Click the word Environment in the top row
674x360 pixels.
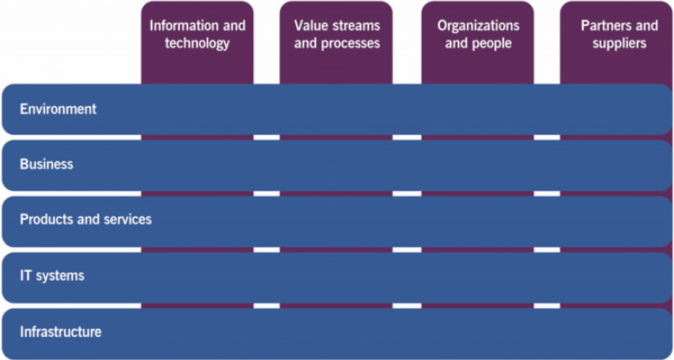tap(58, 109)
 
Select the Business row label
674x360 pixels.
tap(46, 164)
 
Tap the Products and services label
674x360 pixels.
tap(85, 219)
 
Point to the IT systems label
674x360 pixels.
tap(52, 276)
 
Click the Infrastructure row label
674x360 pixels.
tap(61, 332)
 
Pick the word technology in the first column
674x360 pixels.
tap(197, 43)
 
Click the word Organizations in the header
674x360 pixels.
tap(478, 26)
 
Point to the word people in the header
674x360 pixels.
tap(492, 43)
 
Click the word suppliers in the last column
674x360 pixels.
tap(619, 43)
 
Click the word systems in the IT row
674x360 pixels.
tap(60, 276)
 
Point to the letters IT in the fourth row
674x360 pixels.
tap(25, 276)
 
